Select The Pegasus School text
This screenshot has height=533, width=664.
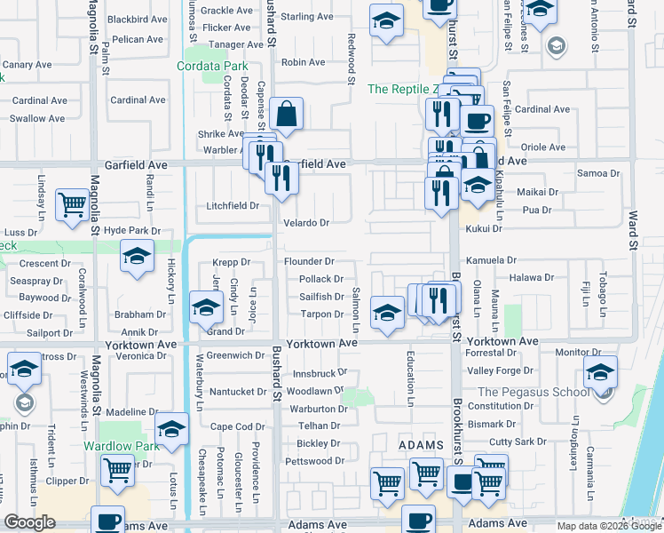(533, 392)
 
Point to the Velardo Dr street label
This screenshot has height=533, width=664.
(306, 223)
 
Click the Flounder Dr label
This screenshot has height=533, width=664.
(309, 261)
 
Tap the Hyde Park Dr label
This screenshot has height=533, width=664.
(131, 230)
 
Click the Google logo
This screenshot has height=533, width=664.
(29, 522)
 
